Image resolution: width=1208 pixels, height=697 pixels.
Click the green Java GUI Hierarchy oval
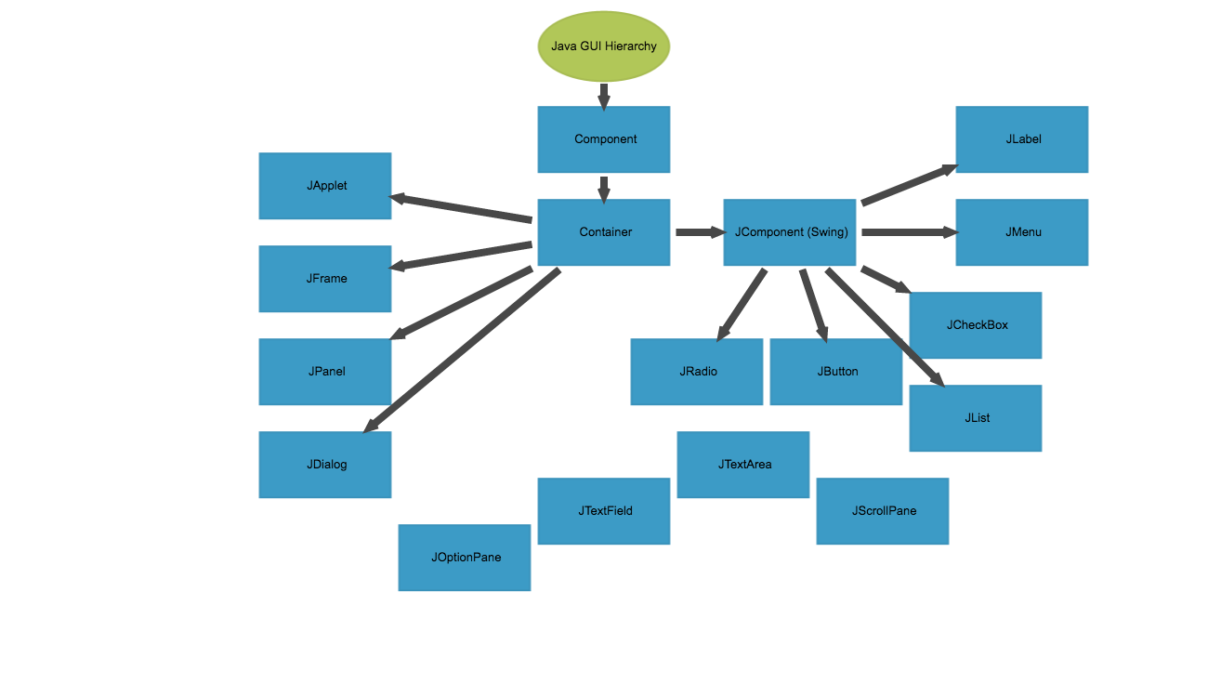[604, 46]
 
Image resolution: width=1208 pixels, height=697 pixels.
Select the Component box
[604, 139]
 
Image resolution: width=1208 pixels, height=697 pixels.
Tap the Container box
[604, 232]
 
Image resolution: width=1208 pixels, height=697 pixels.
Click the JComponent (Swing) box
[790, 232]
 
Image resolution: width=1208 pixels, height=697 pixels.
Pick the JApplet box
[325, 186]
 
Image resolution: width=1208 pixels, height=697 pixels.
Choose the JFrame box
[325, 279]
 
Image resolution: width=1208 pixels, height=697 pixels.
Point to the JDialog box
[325, 465]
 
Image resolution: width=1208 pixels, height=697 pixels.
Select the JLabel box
[1022, 139]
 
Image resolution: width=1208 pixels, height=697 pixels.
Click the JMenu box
[1022, 232]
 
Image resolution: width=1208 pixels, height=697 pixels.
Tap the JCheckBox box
[976, 325]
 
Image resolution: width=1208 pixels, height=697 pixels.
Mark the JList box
[976, 418]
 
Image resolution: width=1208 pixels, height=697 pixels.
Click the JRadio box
[697, 372]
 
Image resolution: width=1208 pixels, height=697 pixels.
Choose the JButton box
[836, 372]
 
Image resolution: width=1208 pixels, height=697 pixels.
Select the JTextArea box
[743, 465]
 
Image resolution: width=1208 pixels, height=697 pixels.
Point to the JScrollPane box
[883, 511]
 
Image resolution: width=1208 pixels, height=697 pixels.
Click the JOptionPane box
[465, 558]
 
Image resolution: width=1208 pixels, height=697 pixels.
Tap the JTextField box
[604, 511]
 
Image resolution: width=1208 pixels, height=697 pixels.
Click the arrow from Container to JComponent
[698, 232]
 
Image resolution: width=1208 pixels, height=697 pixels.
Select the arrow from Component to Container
[604, 189]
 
